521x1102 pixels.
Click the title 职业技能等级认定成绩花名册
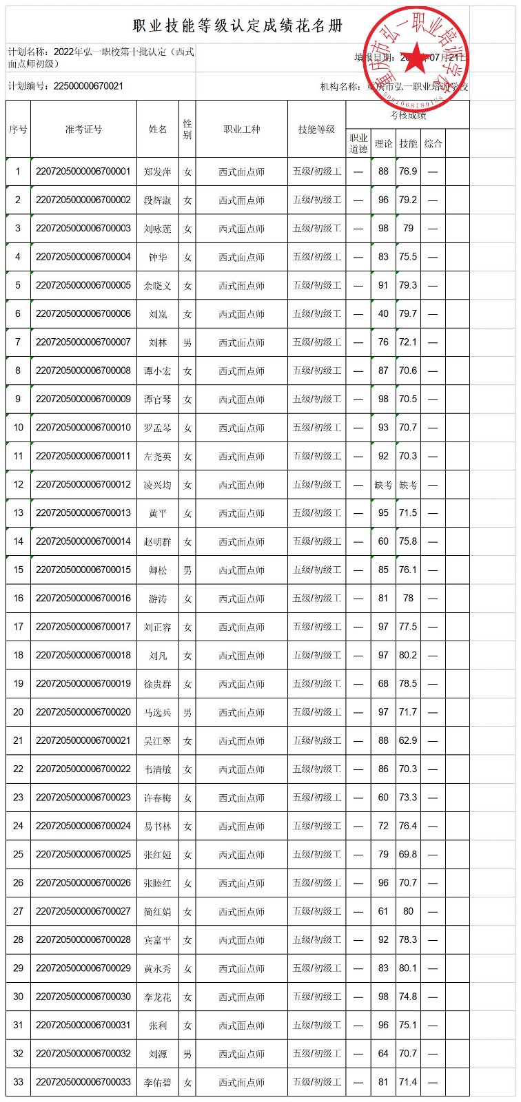click(238, 26)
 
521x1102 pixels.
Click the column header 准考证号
click(83, 129)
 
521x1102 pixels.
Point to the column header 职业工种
click(241, 129)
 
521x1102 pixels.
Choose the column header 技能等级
click(316, 129)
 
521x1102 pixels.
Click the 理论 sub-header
click(383, 143)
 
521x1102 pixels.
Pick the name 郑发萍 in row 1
click(158, 171)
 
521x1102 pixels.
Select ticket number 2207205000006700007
click(83, 342)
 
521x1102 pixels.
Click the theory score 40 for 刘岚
click(383, 314)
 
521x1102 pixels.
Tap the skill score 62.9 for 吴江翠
click(408, 741)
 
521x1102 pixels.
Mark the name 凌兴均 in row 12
click(158, 485)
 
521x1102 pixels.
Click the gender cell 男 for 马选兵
click(187, 713)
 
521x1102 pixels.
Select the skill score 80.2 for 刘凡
click(408, 656)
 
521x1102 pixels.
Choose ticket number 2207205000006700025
click(83, 855)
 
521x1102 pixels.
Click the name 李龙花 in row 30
click(158, 997)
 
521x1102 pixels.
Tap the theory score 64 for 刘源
click(383, 1054)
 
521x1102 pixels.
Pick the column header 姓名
click(158, 129)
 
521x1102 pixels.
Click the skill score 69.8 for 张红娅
click(408, 855)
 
